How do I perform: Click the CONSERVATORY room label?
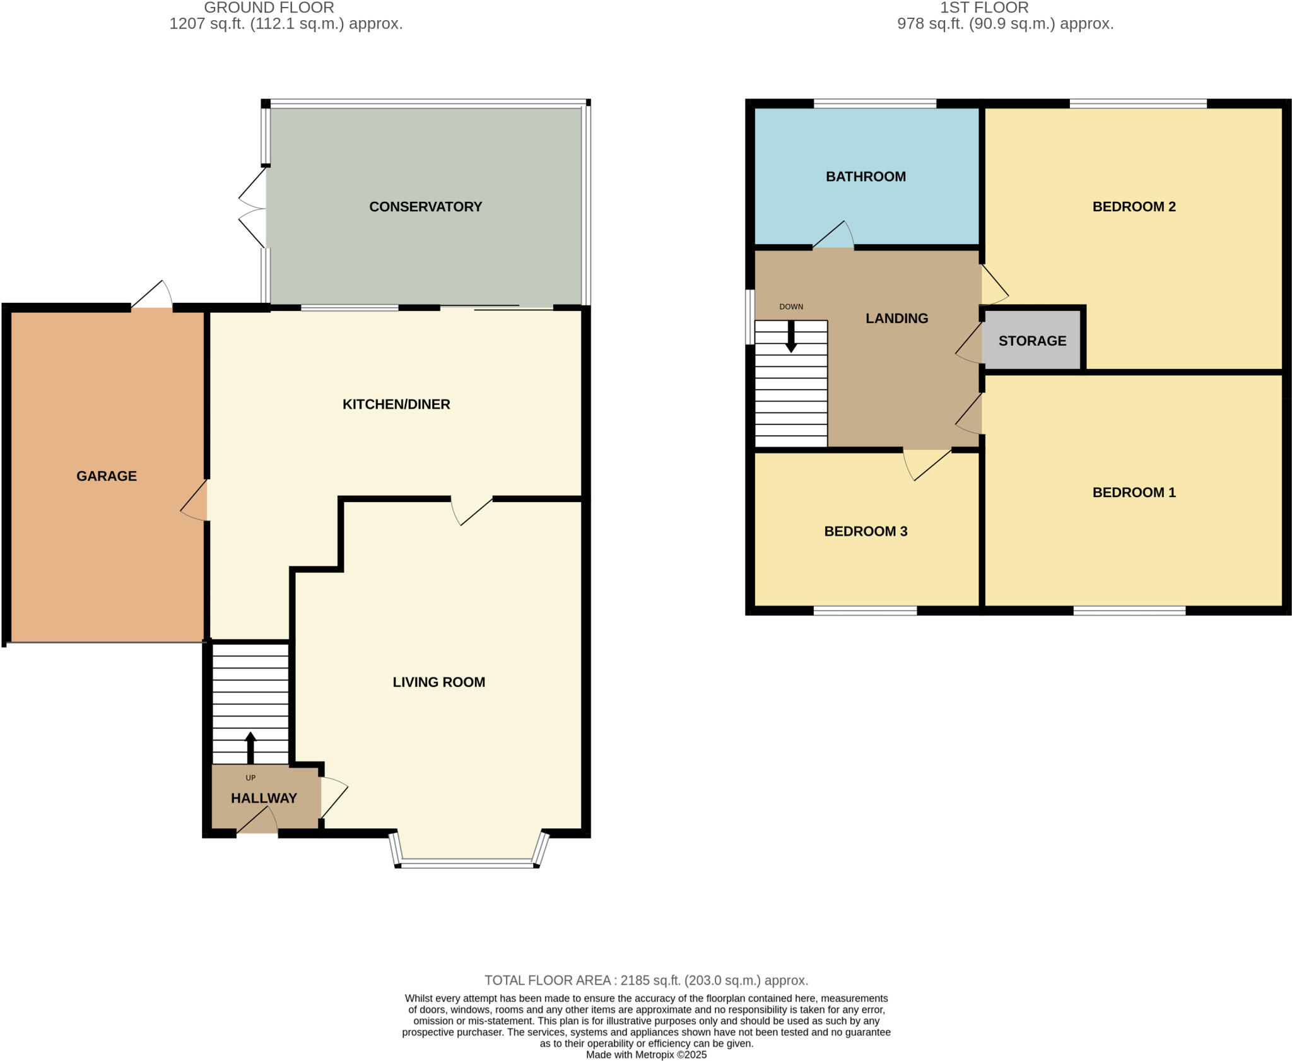pos(425,207)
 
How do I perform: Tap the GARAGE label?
pos(107,476)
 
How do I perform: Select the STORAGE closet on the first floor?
pos(1032,341)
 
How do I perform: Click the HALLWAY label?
pos(264,799)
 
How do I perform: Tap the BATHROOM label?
pos(866,177)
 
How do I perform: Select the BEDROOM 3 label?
pos(866,532)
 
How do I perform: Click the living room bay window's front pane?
pos(467,864)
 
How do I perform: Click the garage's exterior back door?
pos(152,295)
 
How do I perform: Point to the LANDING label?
pos(896,319)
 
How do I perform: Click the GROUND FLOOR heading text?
pos(269,8)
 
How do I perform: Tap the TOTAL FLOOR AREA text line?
pos(646,980)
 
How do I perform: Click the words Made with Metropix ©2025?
pos(646,1055)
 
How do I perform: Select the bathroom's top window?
pos(874,103)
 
